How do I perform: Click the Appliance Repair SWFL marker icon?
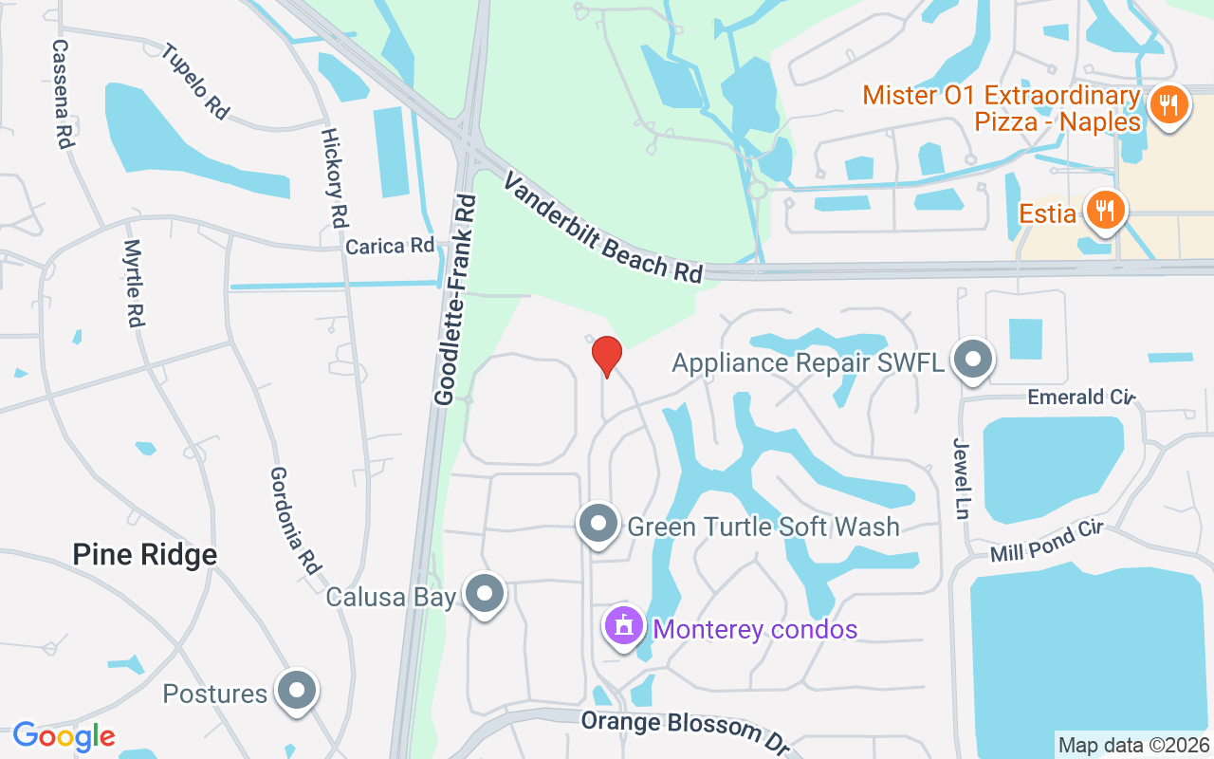pyautogui.click(x=973, y=361)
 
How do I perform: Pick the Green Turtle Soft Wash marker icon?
pyautogui.click(x=598, y=524)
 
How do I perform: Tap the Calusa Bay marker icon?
pyautogui.click(x=486, y=594)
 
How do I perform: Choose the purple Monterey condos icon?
pyautogui.click(x=624, y=627)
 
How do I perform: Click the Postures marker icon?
pyautogui.click(x=297, y=691)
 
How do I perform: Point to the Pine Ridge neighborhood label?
pyautogui.click(x=145, y=555)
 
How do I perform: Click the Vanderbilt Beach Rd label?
pyautogui.click(x=603, y=228)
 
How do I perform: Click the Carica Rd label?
pyautogui.click(x=390, y=247)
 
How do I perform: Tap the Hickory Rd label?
pyautogui.click(x=333, y=177)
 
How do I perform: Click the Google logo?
pyautogui.click(x=64, y=736)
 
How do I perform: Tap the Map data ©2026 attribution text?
pyautogui.click(x=1133, y=745)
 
